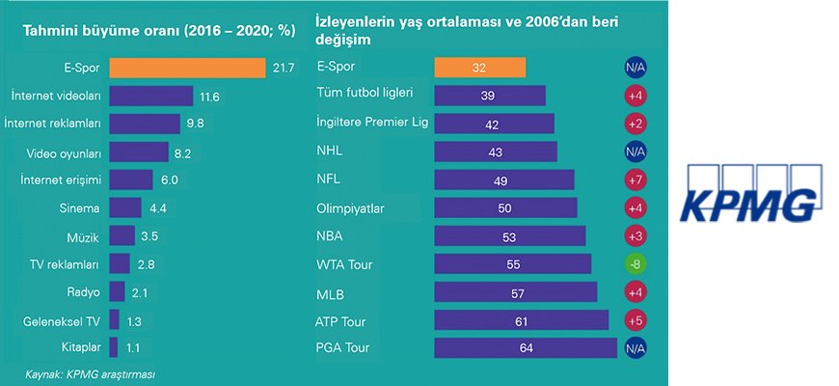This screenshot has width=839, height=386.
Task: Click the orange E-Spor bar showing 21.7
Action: (187, 69)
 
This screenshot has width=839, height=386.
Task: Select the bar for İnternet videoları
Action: (151, 96)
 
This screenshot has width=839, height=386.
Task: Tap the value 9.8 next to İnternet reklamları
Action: (196, 124)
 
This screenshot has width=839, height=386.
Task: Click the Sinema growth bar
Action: (125, 207)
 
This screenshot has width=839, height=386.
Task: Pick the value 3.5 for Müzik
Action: (150, 235)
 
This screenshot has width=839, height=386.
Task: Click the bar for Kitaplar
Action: (114, 346)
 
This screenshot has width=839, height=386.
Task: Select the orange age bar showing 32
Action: (479, 69)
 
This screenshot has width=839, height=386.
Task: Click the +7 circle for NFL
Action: (635, 179)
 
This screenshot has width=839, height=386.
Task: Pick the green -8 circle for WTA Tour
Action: (635, 263)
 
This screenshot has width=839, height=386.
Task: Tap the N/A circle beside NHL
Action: (635, 152)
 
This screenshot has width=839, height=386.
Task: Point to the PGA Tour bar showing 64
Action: (526, 347)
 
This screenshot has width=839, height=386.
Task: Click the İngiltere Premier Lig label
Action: (372, 124)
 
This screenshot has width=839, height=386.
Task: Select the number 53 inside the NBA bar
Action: (509, 235)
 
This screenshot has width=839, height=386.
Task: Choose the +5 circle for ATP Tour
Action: (635, 319)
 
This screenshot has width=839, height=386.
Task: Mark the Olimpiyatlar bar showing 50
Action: (505, 207)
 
